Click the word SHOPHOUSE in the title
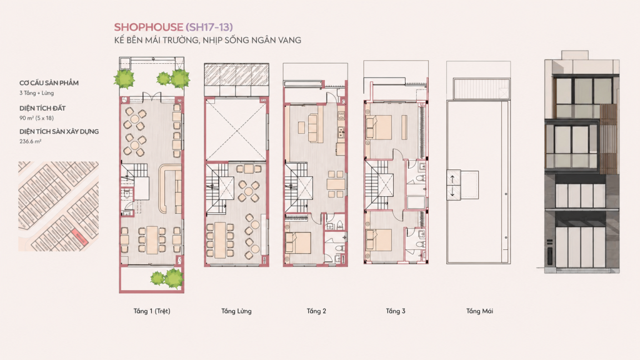[149, 27]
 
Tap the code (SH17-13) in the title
[209, 27]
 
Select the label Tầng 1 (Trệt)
[152, 311]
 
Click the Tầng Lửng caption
[236, 311]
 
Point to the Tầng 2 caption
[316, 311]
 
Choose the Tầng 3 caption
[396, 311]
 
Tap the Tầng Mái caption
[479, 311]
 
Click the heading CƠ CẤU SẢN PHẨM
[49, 83]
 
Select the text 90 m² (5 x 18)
[36, 118]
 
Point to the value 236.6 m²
[30, 141]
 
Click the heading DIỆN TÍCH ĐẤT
[42, 108]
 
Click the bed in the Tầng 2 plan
[298, 243]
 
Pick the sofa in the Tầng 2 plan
[313, 128]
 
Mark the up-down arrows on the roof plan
[452, 185]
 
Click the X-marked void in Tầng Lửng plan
[236, 130]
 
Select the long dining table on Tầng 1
[152, 239]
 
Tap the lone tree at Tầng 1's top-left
[124, 79]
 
